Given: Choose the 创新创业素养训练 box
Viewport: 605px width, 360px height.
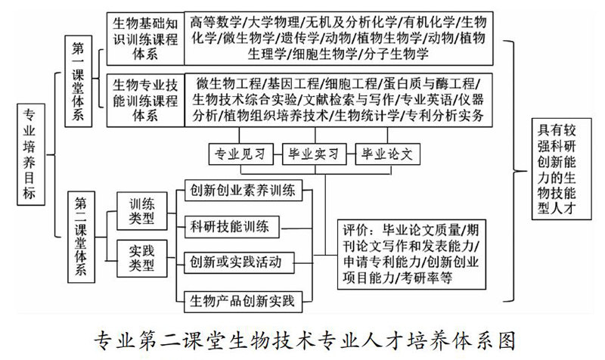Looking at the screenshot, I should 243,190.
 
